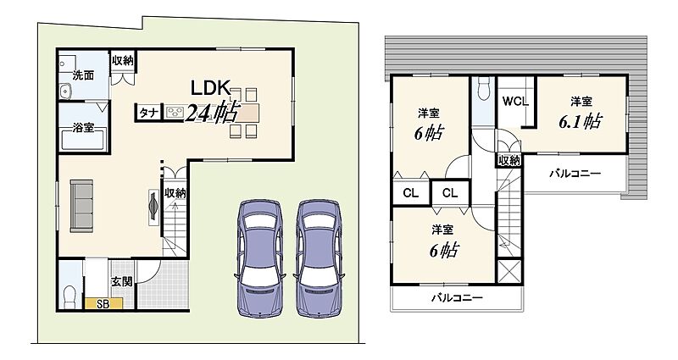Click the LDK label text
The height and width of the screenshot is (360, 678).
click(210, 88)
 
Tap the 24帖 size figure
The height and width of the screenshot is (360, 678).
click(212, 113)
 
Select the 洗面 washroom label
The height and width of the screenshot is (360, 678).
click(83, 75)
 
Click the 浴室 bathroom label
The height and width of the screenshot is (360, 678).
click(83, 128)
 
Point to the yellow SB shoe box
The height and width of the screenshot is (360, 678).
click(103, 304)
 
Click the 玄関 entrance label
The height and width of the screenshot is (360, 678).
click(122, 282)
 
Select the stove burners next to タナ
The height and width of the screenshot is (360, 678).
click(175, 112)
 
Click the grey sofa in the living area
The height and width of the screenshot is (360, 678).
click(81, 206)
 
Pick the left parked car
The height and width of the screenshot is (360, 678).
click(259, 259)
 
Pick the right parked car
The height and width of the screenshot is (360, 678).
click(320, 259)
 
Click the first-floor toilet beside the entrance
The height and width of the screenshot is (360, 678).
click(69, 298)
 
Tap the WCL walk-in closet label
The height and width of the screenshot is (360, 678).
click(515, 101)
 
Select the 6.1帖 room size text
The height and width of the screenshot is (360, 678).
click(580, 121)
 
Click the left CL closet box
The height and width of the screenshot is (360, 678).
click(411, 193)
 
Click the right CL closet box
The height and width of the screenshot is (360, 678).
click(450, 193)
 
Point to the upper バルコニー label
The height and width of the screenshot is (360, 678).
click(575, 174)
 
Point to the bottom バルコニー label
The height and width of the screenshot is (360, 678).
click(458, 298)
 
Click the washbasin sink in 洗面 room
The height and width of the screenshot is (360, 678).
click(67, 91)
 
